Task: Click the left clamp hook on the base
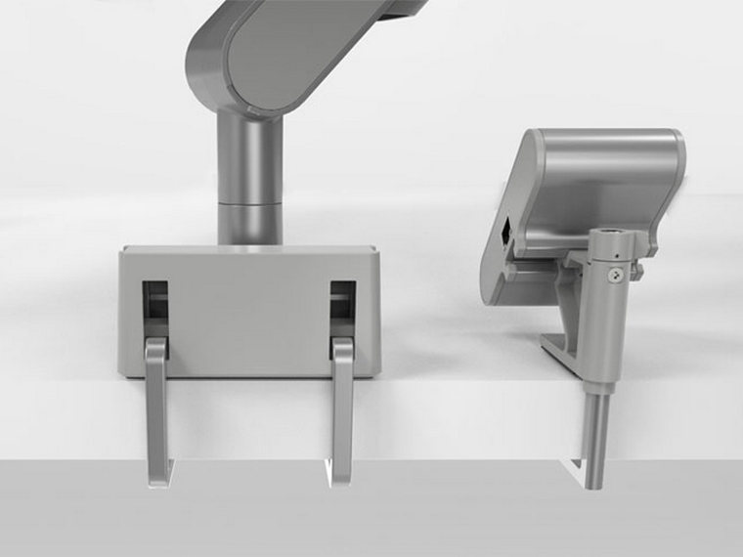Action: [x=157, y=410]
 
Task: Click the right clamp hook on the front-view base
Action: [x=342, y=410]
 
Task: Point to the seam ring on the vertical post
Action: [x=248, y=204]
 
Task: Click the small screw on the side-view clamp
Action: [x=614, y=278]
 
